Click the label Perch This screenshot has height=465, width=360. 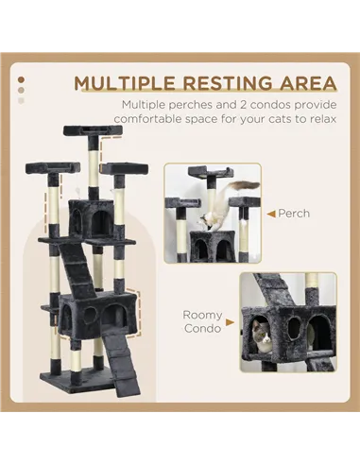294,214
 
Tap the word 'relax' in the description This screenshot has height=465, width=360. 312,121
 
